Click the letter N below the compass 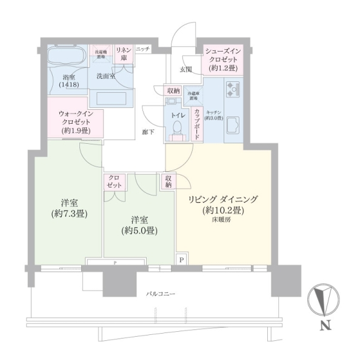[x=325, y=328]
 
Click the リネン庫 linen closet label [x=124, y=53]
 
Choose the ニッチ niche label [x=142, y=49]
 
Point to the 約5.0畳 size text [x=139, y=231]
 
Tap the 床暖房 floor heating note [x=222, y=220]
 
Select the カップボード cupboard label [x=197, y=123]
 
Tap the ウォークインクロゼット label [x=76, y=121]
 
